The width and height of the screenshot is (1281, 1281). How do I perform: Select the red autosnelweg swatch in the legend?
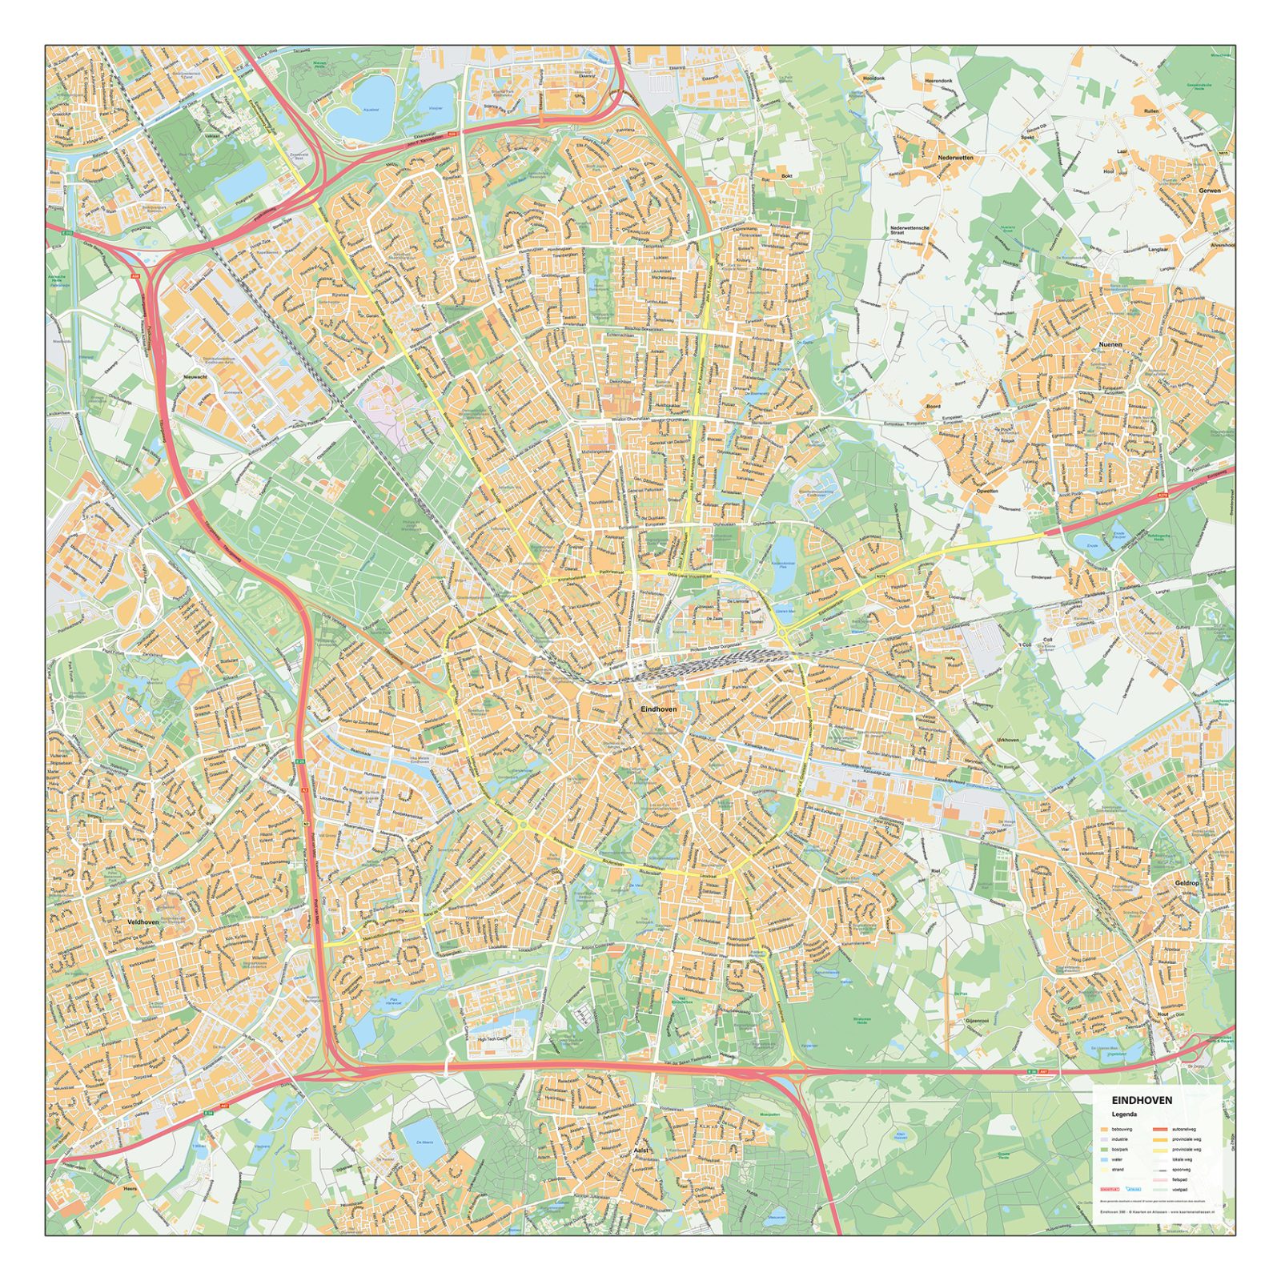[x=1160, y=1129]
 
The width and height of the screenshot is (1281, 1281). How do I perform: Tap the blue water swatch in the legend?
[x=1104, y=1159]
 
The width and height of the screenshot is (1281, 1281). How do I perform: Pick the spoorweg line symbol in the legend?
[x=1160, y=1171]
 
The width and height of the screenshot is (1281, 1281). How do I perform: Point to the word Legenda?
[x=1124, y=1114]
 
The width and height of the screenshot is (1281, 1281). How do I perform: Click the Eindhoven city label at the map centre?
[x=659, y=709]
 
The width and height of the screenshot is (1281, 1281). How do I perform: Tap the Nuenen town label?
[x=1110, y=344]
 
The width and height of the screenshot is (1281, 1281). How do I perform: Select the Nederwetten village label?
[x=955, y=158]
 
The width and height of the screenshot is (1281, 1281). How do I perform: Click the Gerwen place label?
[x=1210, y=191]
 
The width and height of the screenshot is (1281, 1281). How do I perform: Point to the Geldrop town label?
[x=1187, y=883]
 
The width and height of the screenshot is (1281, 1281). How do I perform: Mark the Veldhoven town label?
[x=143, y=922]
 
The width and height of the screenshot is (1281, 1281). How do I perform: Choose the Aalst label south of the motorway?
[x=640, y=1150]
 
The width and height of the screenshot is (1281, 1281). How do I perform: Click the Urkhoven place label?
[x=1008, y=740]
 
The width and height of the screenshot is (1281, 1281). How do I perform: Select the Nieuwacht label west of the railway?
[x=195, y=376]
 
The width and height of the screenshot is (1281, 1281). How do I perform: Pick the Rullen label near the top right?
[x=1151, y=111]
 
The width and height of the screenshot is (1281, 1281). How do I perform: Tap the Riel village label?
[x=935, y=869]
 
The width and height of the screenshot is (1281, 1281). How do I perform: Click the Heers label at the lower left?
[x=131, y=1190]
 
